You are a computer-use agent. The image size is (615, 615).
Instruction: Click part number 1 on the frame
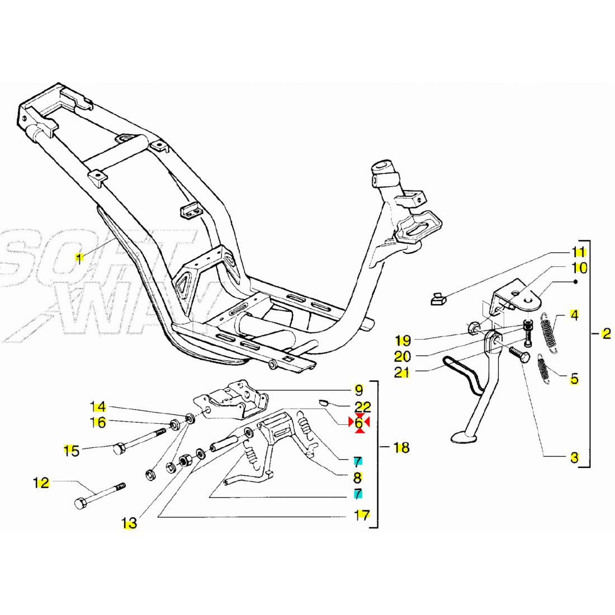click(x=79, y=258)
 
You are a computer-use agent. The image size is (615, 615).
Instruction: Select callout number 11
click(x=579, y=252)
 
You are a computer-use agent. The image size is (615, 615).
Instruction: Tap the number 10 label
click(x=579, y=268)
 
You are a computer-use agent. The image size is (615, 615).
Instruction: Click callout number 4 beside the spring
click(x=574, y=315)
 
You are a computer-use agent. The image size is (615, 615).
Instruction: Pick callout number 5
click(x=574, y=379)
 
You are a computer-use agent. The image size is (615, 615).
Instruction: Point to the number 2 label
click(x=607, y=334)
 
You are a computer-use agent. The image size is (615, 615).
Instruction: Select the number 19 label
click(x=402, y=340)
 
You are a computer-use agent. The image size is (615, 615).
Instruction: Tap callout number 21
click(x=402, y=372)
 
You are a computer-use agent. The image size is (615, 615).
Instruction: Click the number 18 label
click(x=401, y=447)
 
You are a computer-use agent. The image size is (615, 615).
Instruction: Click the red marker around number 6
click(x=358, y=424)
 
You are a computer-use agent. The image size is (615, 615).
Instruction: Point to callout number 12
click(x=42, y=482)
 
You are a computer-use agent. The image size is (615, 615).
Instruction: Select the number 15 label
click(x=72, y=450)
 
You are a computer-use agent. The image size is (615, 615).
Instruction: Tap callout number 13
click(x=129, y=524)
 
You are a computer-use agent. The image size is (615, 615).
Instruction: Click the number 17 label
click(x=362, y=515)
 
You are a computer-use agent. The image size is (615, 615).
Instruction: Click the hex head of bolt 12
click(x=79, y=503)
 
